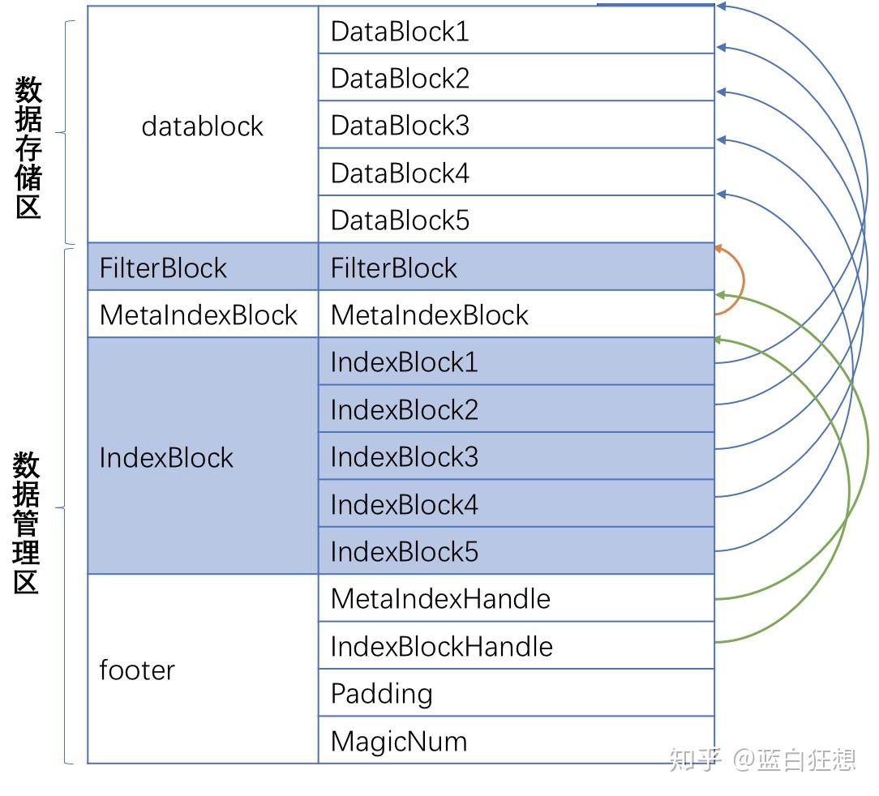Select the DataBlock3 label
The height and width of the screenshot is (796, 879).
(x=400, y=126)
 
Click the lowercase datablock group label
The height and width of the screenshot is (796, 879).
(x=202, y=126)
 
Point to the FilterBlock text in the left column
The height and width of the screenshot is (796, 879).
(x=163, y=268)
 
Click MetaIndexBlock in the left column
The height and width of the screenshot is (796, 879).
(x=199, y=315)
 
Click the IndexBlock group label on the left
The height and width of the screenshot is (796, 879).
(x=166, y=458)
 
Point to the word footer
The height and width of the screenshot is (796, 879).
(x=137, y=670)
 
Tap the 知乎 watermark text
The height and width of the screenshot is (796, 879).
(x=695, y=760)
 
